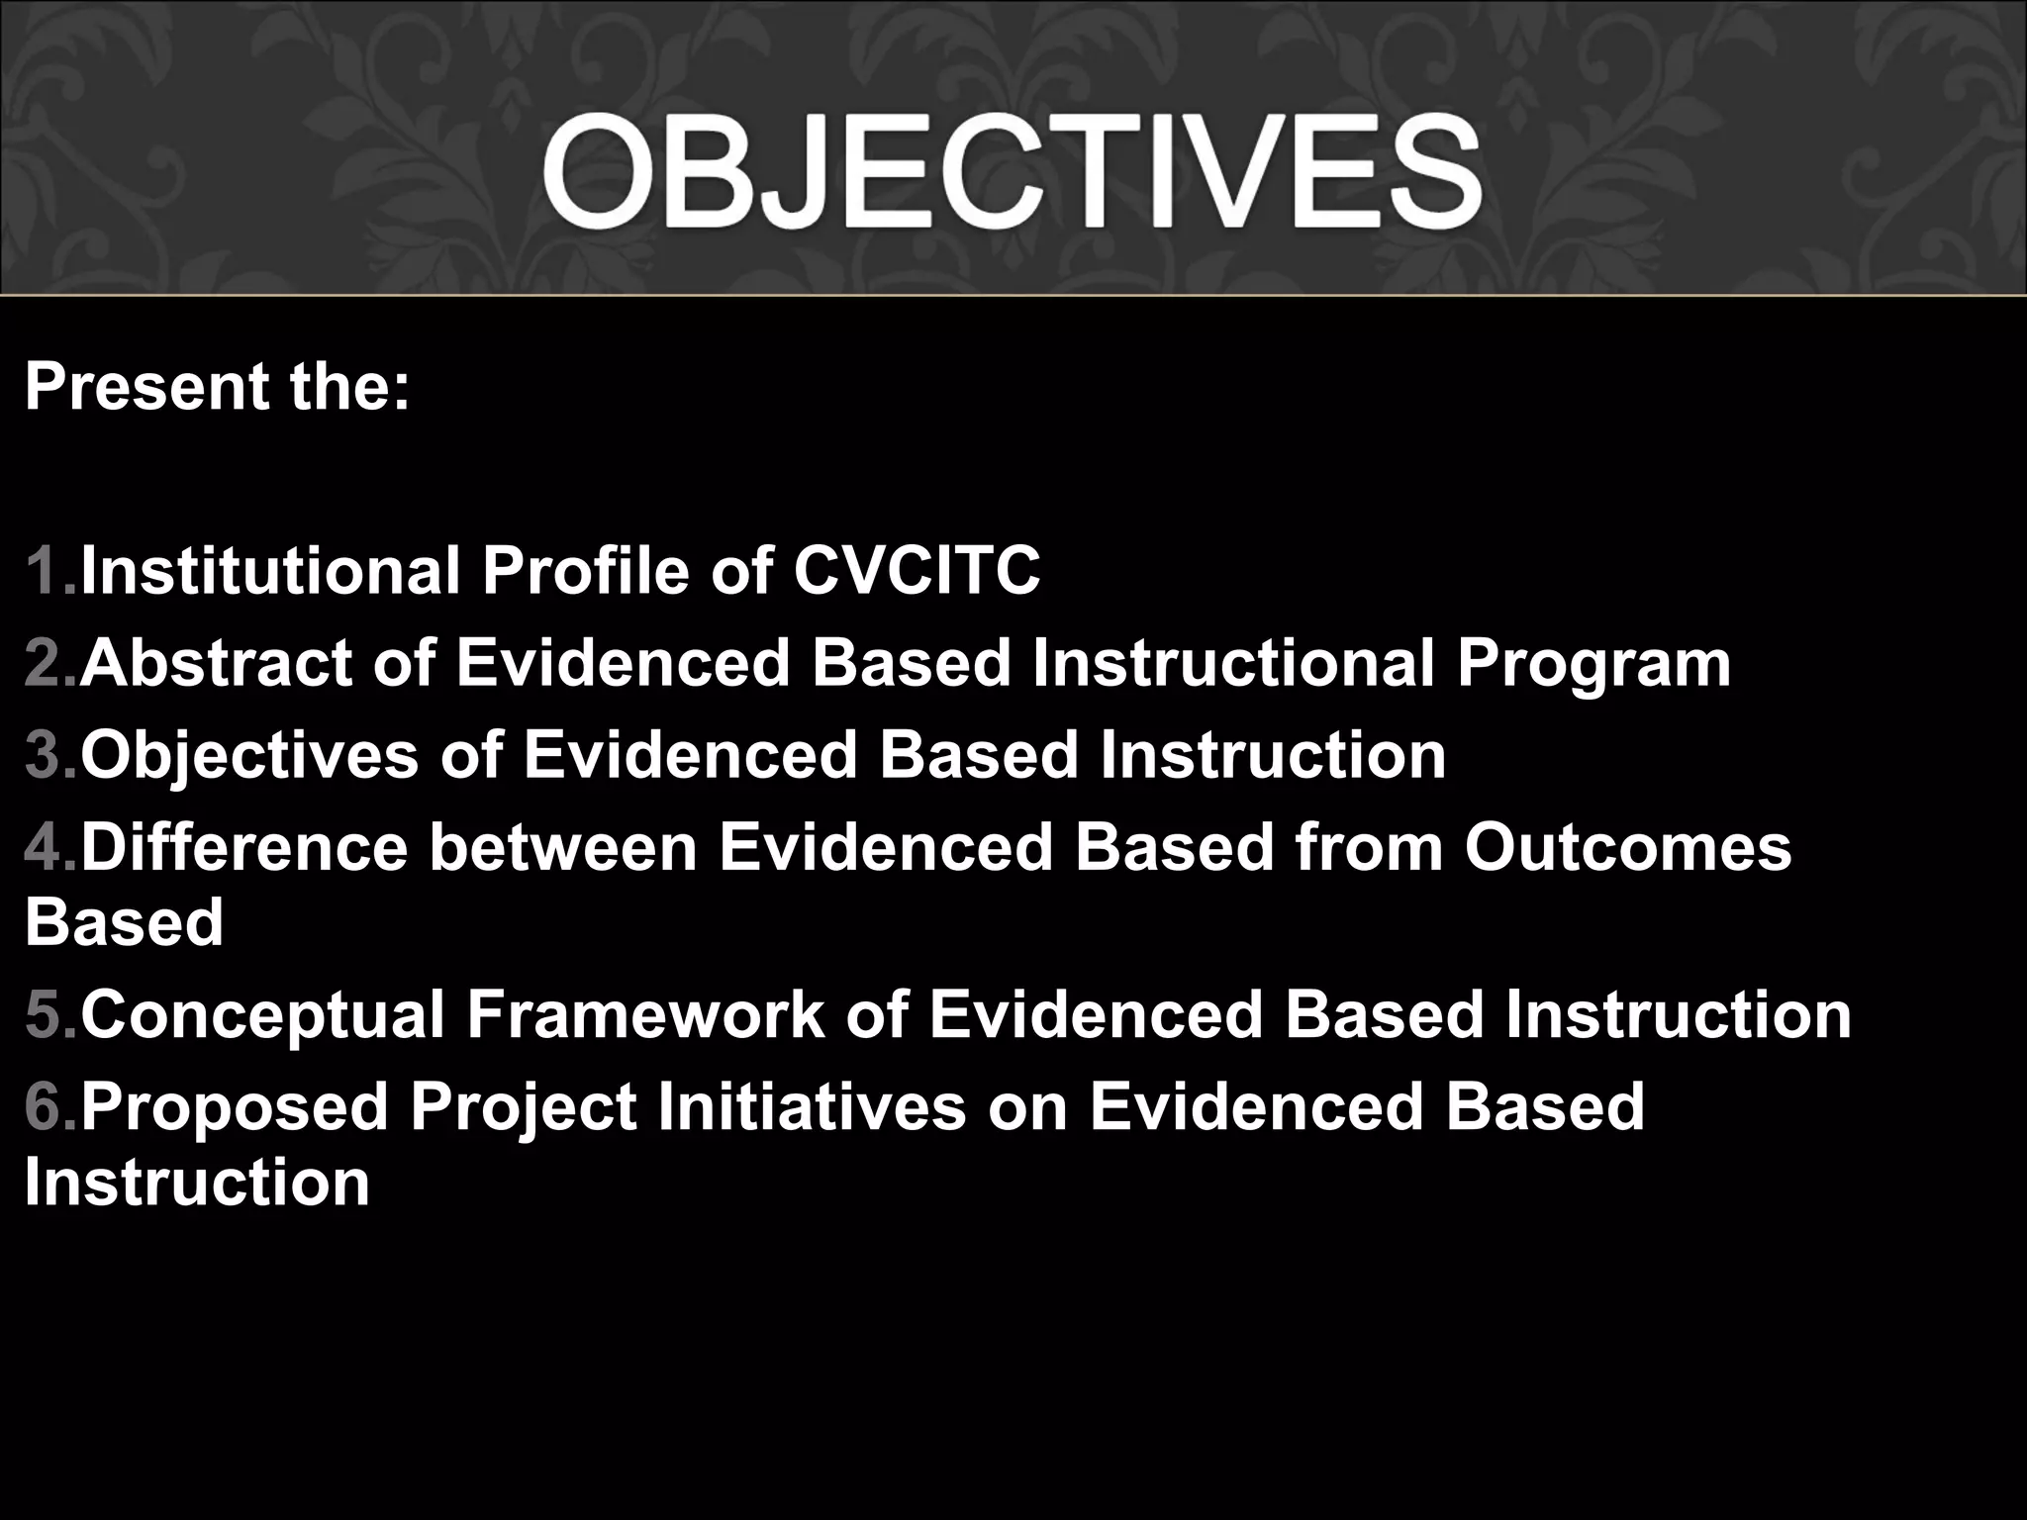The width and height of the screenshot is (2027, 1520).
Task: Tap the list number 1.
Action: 44,571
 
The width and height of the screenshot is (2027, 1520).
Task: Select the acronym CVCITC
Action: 917,571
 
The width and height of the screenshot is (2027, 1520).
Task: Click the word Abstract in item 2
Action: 216,663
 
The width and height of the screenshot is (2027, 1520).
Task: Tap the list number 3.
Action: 44,755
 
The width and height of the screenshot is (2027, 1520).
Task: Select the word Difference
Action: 243,848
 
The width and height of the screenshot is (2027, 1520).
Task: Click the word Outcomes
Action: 1628,848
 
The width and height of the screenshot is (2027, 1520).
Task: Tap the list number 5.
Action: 44,1014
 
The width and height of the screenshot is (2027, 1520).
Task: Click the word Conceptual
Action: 263,1016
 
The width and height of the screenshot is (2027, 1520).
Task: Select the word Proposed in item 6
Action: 235,1107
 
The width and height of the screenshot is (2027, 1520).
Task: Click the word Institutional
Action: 270,571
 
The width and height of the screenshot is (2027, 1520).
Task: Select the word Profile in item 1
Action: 585,571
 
